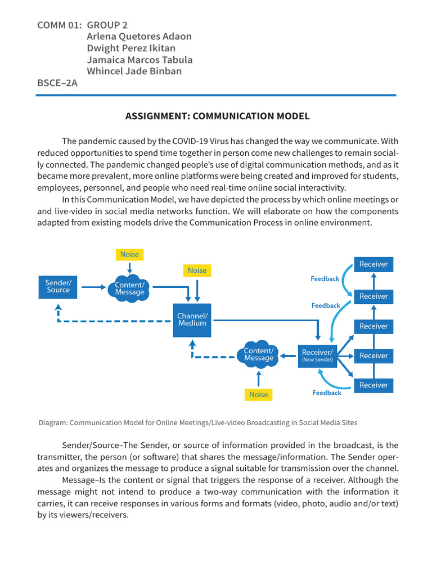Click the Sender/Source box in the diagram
tap(58, 286)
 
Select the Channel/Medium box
tap(192, 320)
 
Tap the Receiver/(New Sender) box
tap(317, 355)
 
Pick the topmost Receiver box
tap(373, 264)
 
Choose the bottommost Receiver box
tap(373, 385)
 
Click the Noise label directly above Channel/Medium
tap(197, 271)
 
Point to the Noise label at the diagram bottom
tap(259, 394)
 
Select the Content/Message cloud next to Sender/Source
tap(129, 289)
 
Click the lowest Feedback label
tap(327, 393)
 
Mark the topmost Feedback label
tap(325, 278)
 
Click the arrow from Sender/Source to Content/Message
tap(93, 287)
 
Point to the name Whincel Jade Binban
tap(134, 71)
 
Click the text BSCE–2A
tap(57, 83)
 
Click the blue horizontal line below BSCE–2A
tap(216, 95)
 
